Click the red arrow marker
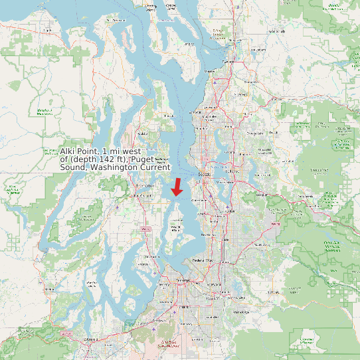tap(177, 187)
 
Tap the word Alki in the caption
tap(69, 151)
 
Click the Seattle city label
tap(204, 175)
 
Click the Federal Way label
tap(201, 260)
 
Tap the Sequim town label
tap(48, 30)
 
